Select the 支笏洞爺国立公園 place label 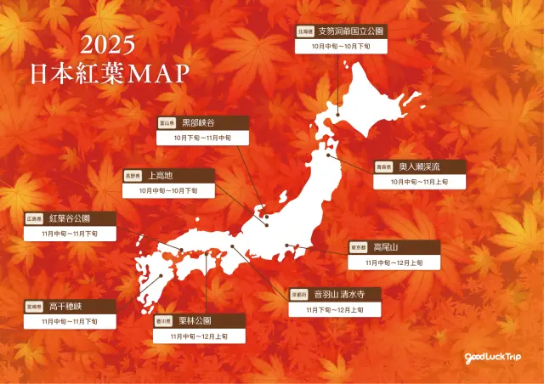pos(350,31)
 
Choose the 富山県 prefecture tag pos(166,123)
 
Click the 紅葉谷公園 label pos(70,217)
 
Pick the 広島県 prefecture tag pos(34,218)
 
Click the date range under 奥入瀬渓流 pos(420,182)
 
